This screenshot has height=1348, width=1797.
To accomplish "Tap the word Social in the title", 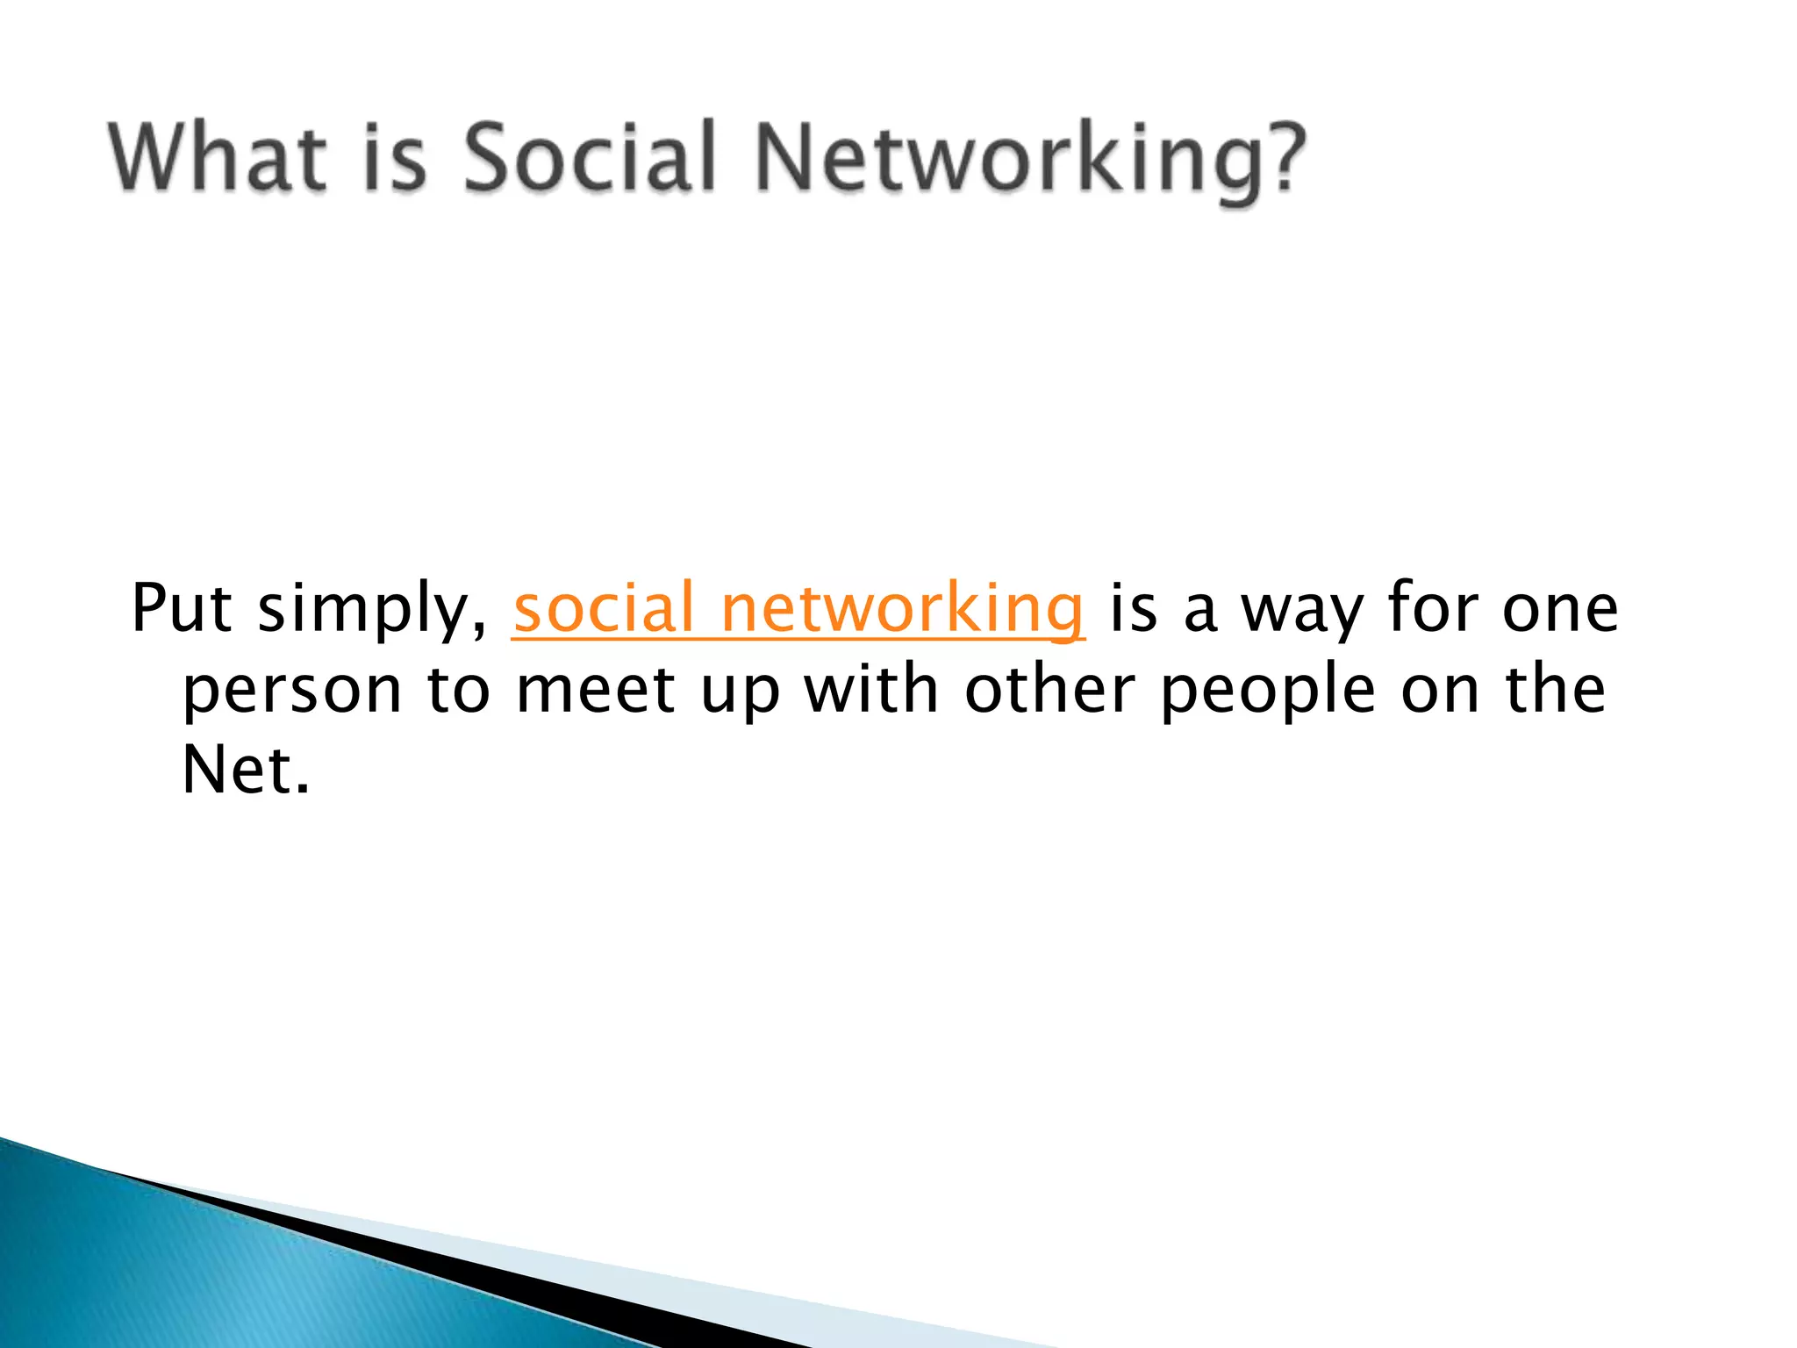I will (x=591, y=158).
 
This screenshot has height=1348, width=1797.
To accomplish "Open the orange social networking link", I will (x=798, y=608).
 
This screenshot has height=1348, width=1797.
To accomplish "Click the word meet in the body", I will (x=596, y=689).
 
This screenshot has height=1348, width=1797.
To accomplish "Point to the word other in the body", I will (x=1049, y=689).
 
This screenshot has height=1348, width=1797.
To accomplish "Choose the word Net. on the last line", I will (x=246, y=770).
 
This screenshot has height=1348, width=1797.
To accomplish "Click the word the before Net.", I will (x=1556, y=689).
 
